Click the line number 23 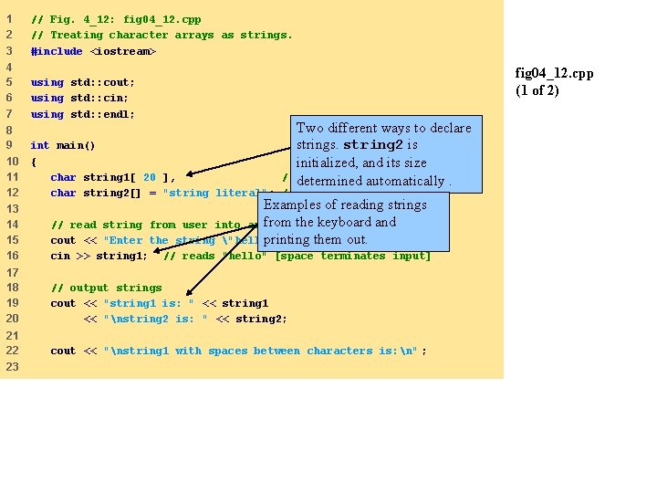coord(13,366)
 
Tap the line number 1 coord(8,19)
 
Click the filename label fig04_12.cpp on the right coord(554,73)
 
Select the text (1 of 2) coord(537,89)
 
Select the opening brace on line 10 coord(34,162)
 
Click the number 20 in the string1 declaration coord(149,177)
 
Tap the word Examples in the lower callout coord(294,205)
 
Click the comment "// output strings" coord(106,288)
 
